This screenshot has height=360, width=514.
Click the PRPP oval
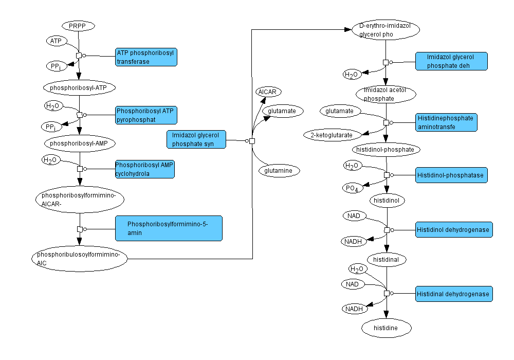[78, 26]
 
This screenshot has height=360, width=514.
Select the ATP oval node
[55, 40]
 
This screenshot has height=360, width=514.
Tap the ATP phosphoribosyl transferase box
[146, 57]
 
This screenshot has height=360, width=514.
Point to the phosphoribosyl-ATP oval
[79, 88]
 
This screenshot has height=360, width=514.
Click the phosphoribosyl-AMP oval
[79, 142]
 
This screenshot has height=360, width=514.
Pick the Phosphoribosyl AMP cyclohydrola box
[145, 169]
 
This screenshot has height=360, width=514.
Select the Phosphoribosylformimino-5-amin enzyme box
[168, 228]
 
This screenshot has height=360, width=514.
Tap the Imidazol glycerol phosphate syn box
[196, 139]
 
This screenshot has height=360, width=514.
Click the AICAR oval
[268, 92]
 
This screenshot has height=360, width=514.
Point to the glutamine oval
[279, 170]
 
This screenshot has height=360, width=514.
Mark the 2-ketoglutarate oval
[332, 135]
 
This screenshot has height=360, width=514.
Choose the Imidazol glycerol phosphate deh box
[451, 61]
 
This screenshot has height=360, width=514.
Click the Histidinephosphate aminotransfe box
[446, 122]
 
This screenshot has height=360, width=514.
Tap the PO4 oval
[353, 188]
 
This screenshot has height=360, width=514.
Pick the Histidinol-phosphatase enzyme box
[451, 175]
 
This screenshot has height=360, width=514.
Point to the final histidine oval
[387, 328]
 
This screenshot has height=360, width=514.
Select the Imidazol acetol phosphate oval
[386, 94]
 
